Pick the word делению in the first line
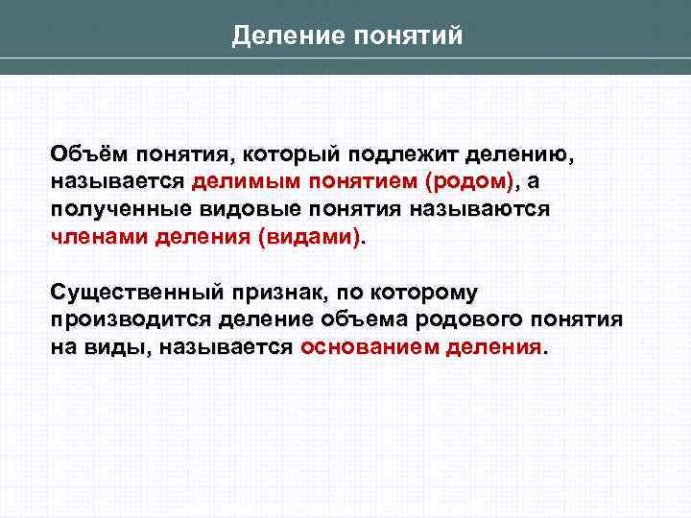tap(530, 153)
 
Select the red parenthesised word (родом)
tap(468, 181)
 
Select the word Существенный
tap(134, 292)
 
